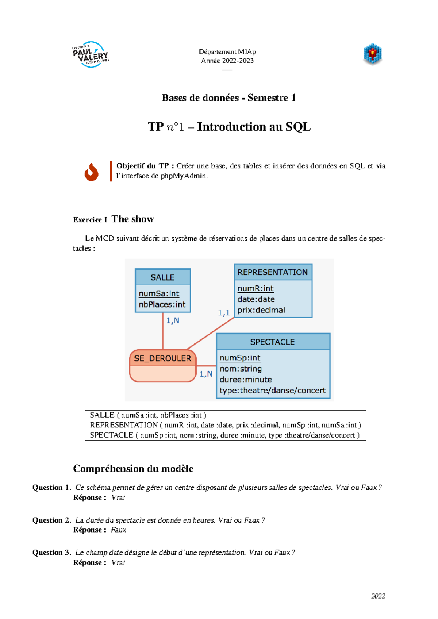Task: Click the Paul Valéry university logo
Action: (x=91, y=55)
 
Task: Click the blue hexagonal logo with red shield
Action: (x=372, y=54)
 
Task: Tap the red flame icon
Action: (x=91, y=172)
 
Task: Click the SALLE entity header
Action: (x=162, y=277)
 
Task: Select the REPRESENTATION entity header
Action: (x=273, y=272)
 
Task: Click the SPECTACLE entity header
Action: (x=272, y=342)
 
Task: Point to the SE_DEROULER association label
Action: (x=162, y=358)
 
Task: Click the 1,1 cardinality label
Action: (x=224, y=313)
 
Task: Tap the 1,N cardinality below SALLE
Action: (x=173, y=320)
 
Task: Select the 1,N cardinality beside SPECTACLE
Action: (x=206, y=374)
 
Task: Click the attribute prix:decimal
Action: (x=261, y=310)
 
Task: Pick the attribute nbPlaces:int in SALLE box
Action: (x=162, y=304)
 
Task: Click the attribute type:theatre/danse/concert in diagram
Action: (x=272, y=391)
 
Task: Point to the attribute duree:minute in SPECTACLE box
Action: (x=245, y=380)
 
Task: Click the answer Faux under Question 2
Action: (x=118, y=530)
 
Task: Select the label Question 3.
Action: (x=51, y=553)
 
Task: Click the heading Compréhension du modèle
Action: (x=133, y=469)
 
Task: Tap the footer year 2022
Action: (x=378, y=596)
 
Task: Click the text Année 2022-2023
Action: (x=227, y=61)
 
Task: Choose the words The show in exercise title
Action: (x=132, y=219)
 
